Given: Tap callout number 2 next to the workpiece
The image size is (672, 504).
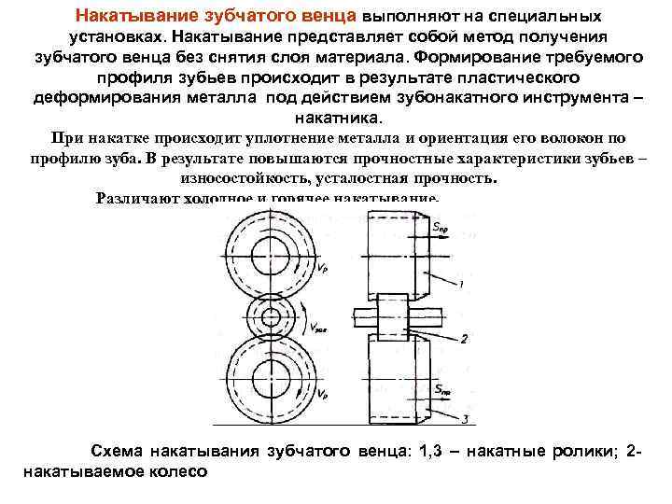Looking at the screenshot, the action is [463, 338].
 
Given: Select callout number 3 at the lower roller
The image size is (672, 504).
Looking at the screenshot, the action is [463, 417].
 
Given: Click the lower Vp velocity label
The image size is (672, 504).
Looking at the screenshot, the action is [322, 395].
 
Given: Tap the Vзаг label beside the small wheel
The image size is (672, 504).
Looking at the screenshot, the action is [320, 328].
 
